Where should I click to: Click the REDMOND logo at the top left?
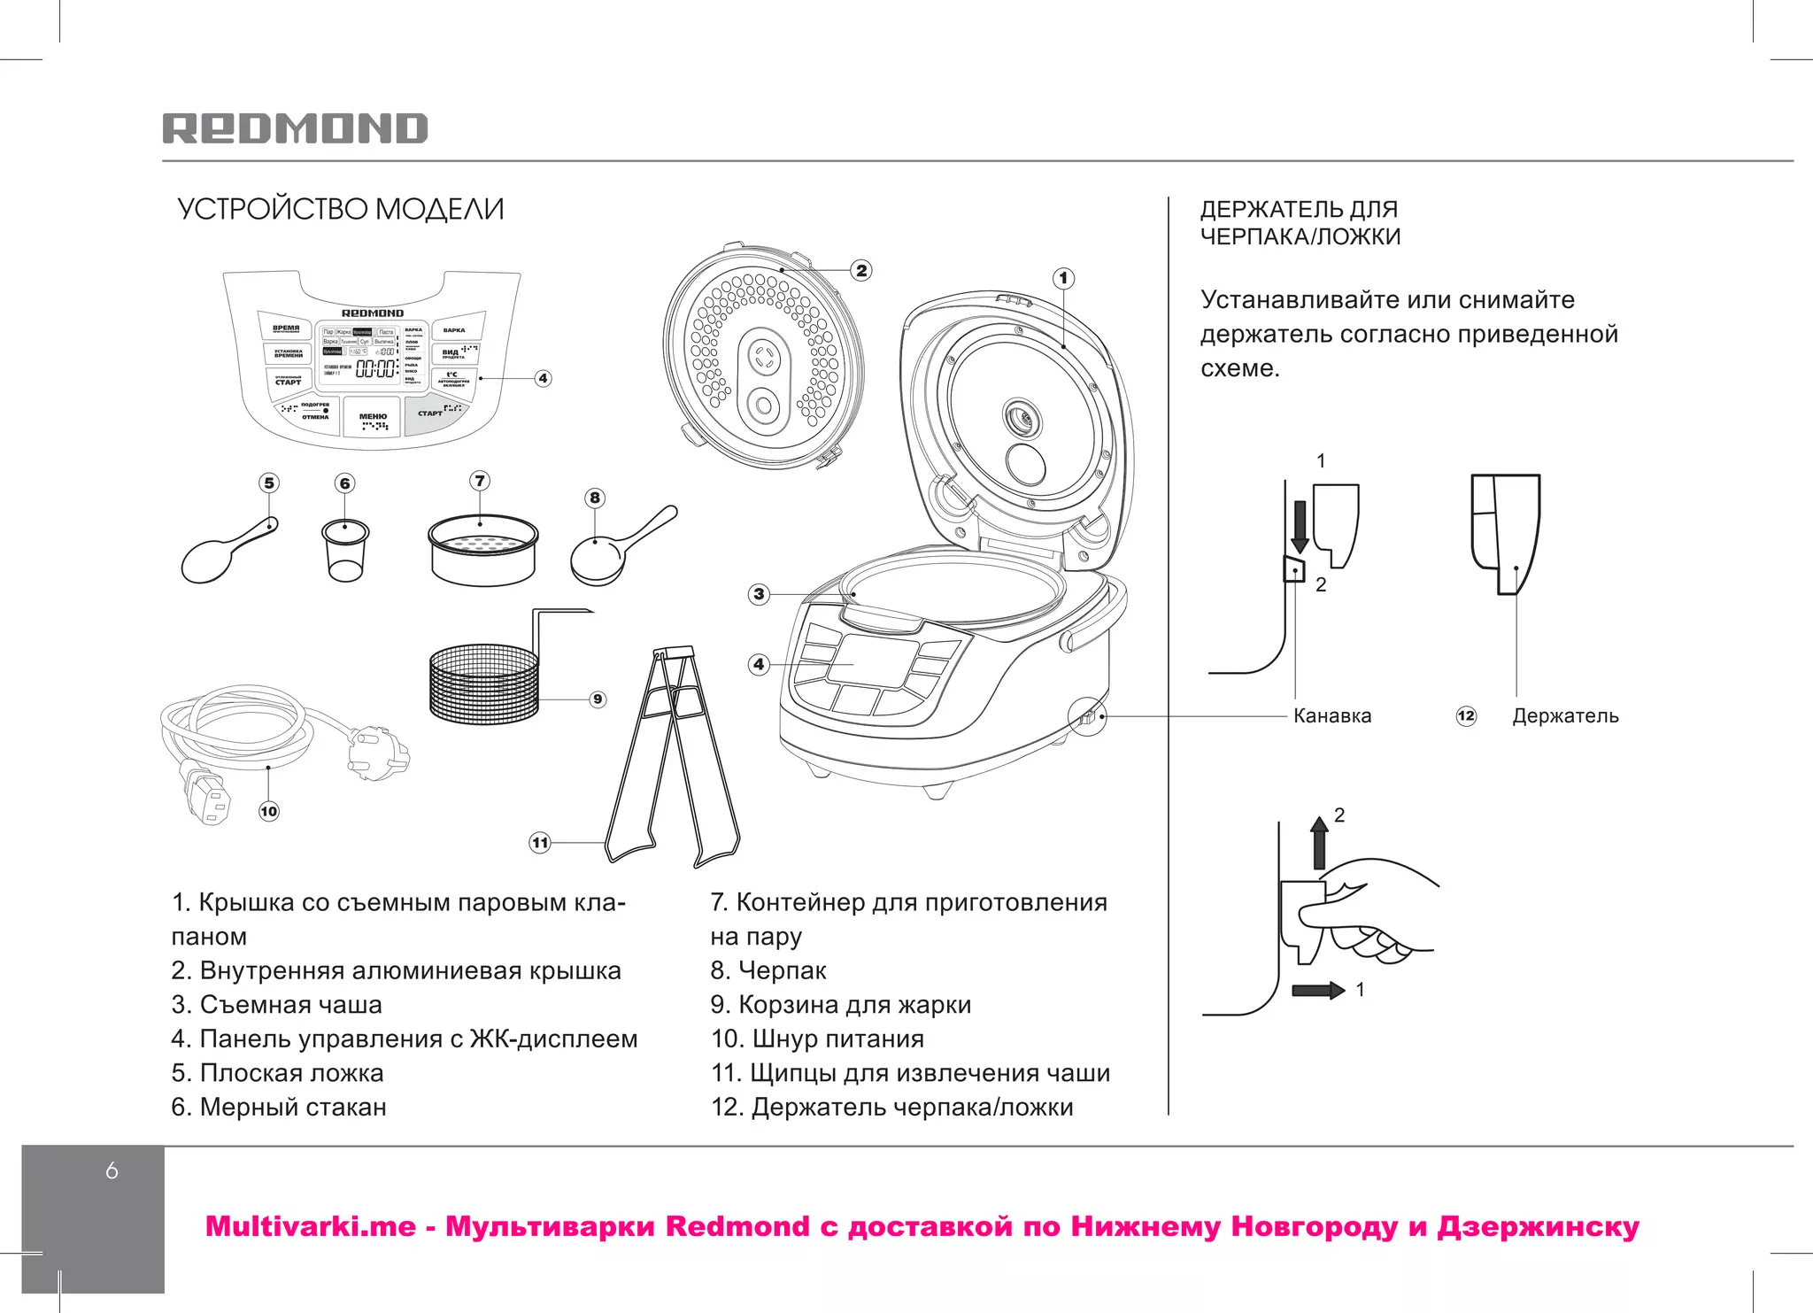pos(295,128)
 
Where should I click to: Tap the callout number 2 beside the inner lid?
pos(861,270)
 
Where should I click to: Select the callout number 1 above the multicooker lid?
pos(1064,279)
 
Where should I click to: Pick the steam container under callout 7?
pos(482,552)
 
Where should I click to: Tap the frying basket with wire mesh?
pos(484,684)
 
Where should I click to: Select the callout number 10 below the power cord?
pos(269,811)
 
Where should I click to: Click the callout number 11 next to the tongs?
pos(540,842)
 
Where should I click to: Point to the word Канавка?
pos(1331,715)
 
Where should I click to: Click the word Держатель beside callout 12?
pos(1564,715)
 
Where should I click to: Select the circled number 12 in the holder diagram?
pos(1466,715)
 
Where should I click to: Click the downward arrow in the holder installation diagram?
pos(1300,526)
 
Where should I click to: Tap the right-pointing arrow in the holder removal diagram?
pos(1318,989)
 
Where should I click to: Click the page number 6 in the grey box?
pos(112,1170)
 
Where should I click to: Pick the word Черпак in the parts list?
pos(782,970)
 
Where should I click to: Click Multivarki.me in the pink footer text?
pos(310,1226)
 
